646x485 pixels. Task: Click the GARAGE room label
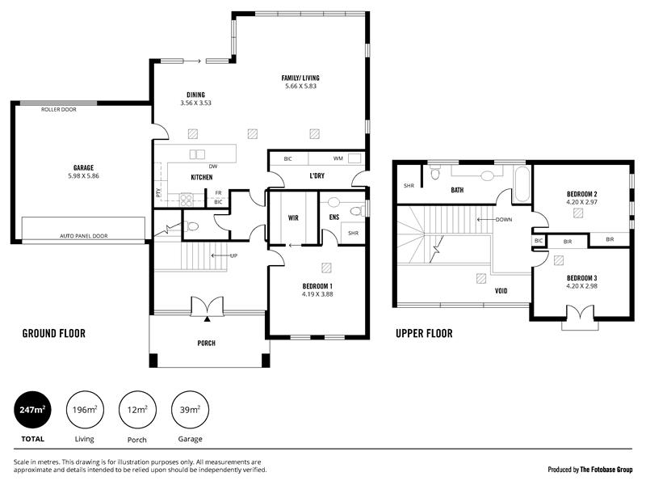pyautogui.click(x=83, y=168)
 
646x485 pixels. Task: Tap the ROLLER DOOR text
pyautogui.click(x=58, y=109)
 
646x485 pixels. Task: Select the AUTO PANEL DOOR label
pyautogui.click(x=84, y=236)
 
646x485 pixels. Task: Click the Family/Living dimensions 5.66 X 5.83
pyautogui.click(x=300, y=86)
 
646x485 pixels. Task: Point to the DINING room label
pyautogui.click(x=195, y=95)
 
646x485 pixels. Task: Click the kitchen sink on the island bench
pyautogui.click(x=197, y=154)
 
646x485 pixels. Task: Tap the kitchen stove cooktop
pyautogui.click(x=186, y=200)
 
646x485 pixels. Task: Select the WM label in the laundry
pyautogui.click(x=338, y=158)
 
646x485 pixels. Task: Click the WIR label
pyautogui.click(x=293, y=217)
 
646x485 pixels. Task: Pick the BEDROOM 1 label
pyautogui.click(x=317, y=286)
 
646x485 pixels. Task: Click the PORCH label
pyautogui.click(x=207, y=343)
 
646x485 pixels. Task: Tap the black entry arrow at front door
pyautogui.click(x=208, y=318)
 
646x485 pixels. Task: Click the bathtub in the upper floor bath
pyautogui.click(x=522, y=184)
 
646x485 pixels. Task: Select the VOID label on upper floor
pyautogui.click(x=501, y=291)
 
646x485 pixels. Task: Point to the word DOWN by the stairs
pyautogui.click(x=504, y=220)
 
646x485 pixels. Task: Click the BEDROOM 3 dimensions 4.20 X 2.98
pyautogui.click(x=581, y=286)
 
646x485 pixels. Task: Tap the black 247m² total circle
pyautogui.click(x=33, y=410)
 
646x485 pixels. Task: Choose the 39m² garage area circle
pyautogui.click(x=190, y=410)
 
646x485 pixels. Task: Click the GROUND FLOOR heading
pyautogui.click(x=54, y=334)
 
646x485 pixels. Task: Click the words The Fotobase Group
pyautogui.click(x=606, y=470)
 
